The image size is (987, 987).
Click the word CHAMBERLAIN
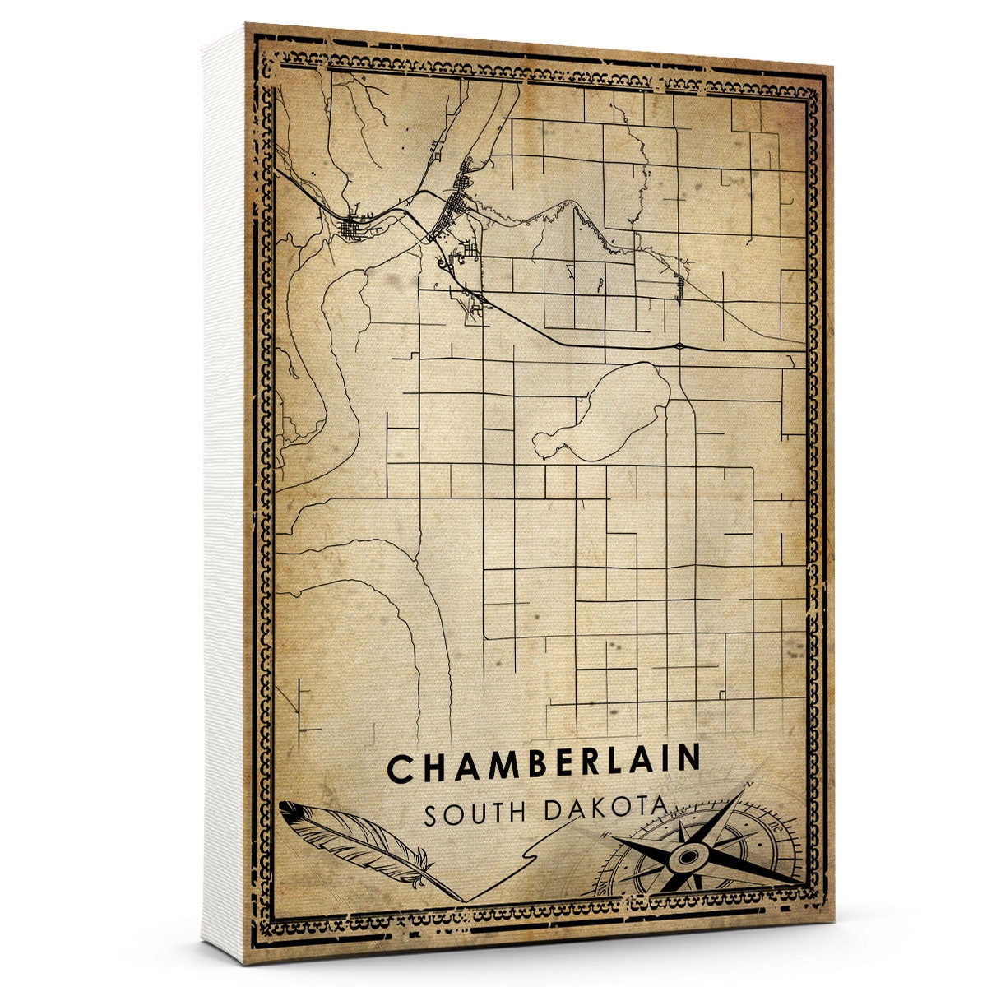pyautogui.click(x=544, y=765)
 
